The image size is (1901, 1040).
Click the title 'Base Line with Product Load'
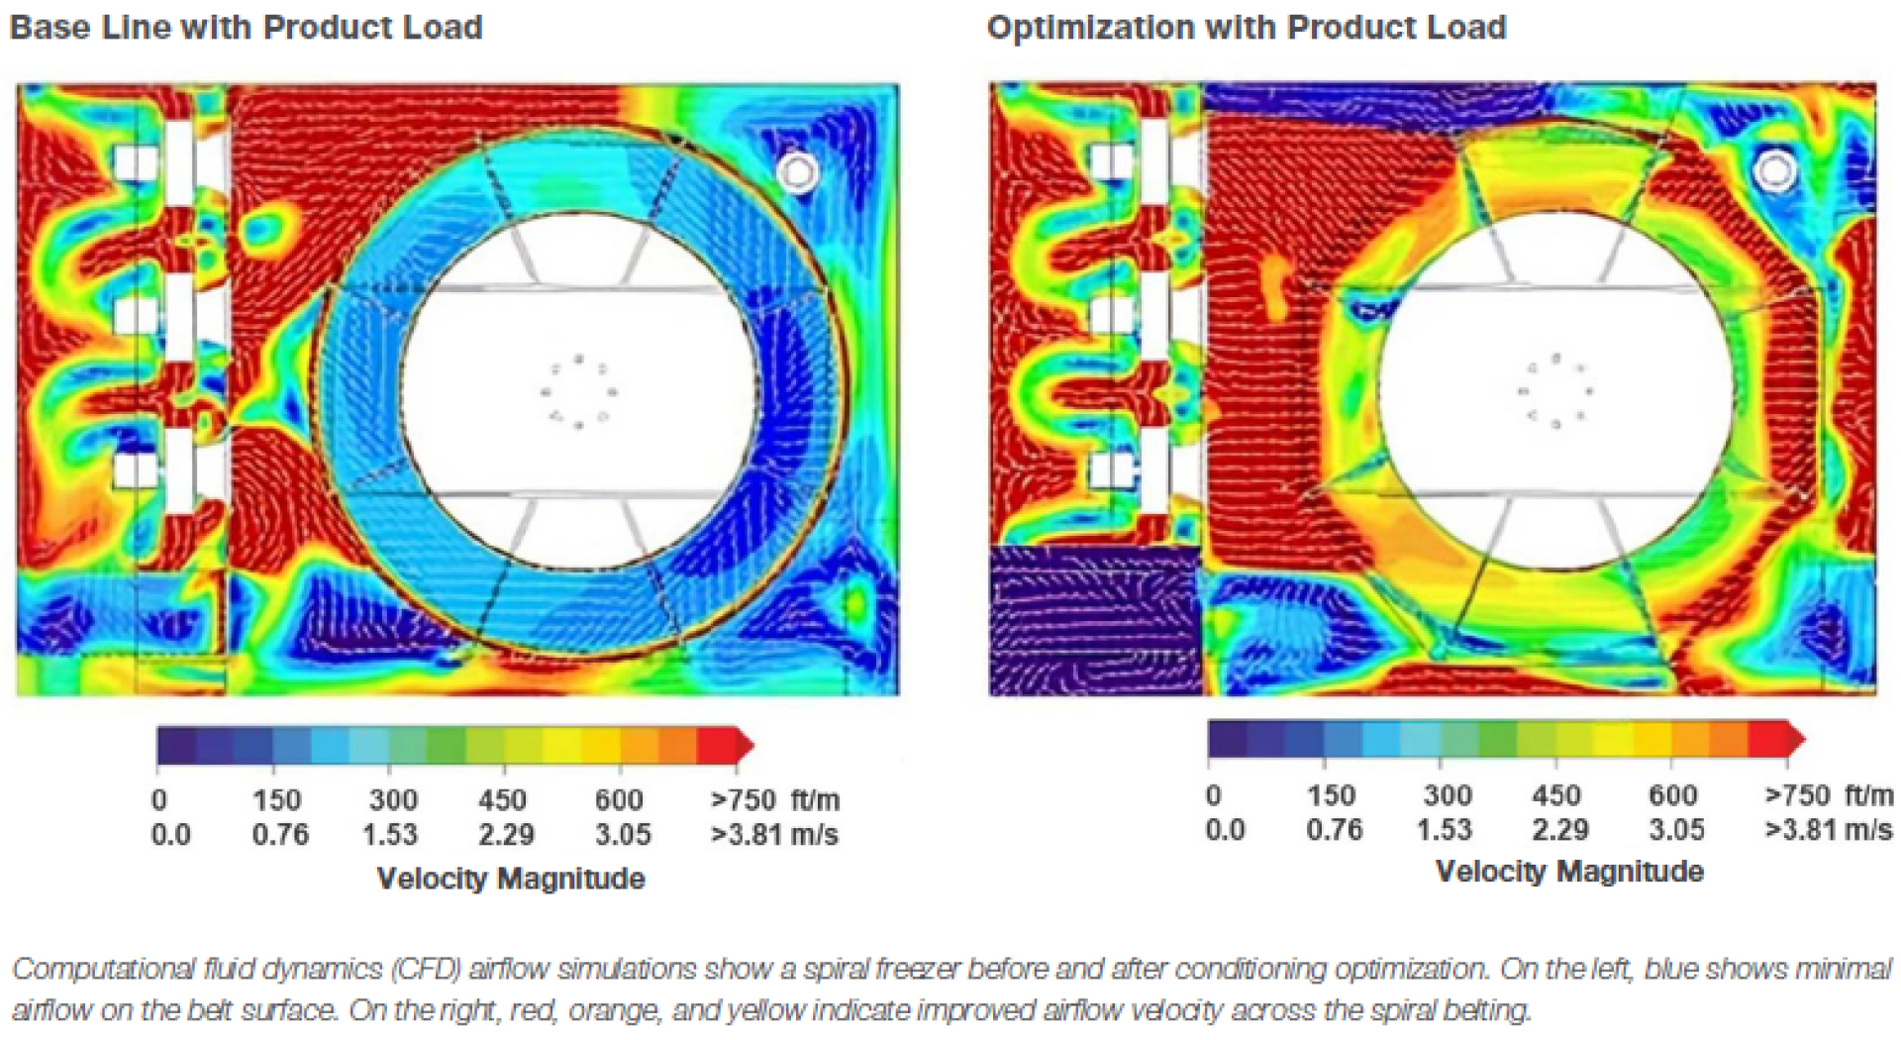[x=246, y=28]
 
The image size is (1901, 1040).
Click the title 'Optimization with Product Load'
[x=1246, y=28]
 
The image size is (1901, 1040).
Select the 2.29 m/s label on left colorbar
[x=506, y=835]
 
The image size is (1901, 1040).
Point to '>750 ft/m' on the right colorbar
[x=1828, y=795]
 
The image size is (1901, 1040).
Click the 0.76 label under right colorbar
[x=1334, y=830]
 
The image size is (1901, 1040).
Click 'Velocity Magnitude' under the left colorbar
[x=511, y=879]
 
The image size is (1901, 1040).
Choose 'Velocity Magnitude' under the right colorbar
[x=1569, y=872]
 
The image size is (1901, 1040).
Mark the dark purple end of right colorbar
[x=1226, y=739]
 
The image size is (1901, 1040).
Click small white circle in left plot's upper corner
[x=797, y=173]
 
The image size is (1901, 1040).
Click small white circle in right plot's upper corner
[x=1774, y=170]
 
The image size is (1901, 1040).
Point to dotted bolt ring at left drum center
[x=578, y=392]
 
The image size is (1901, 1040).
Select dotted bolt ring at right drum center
[x=1555, y=390]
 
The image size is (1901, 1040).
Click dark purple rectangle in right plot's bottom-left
[x=1094, y=620]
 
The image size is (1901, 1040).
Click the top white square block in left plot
[x=135, y=161]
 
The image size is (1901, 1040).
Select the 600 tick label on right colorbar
[x=1672, y=795]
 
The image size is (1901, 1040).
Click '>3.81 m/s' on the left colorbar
[x=773, y=835]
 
